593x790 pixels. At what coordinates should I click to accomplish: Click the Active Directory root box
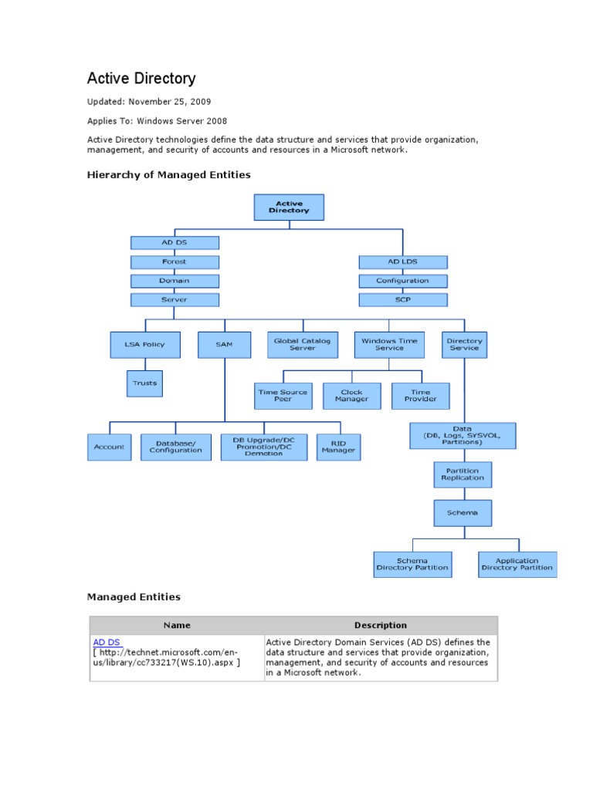[x=289, y=208]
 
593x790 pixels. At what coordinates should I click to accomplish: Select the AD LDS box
[x=402, y=262]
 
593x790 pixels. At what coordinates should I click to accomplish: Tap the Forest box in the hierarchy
[x=175, y=262]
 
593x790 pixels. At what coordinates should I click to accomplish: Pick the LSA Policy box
[x=145, y=345]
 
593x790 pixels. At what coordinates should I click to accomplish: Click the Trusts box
[x=144, y=383]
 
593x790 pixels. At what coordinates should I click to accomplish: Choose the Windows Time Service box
[x=389, y=344]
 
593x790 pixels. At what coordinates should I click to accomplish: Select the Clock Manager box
[x=351, y=396]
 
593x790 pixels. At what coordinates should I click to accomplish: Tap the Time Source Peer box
[x=283, y=396]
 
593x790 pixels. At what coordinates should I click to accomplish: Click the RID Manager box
[x=338, y=447]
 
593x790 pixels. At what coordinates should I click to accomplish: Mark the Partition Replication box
[x=463, y=474]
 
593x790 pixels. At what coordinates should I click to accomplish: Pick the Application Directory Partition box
[x=517, y=564]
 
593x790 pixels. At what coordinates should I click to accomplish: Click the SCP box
[x=402, y=299]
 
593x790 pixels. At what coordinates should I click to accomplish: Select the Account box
[x=109, y=447]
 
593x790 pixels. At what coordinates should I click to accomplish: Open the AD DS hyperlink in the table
[x=107, y=642]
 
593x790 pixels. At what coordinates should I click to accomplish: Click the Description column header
[x=380, y=625]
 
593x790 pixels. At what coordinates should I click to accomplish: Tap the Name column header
[x=177, y=625]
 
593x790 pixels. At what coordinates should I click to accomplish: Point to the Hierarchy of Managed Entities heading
[x=168, y=175]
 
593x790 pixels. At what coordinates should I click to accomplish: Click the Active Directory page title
[x=141, y=79]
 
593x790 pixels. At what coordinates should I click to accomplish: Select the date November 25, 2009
[x=170, y=102]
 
